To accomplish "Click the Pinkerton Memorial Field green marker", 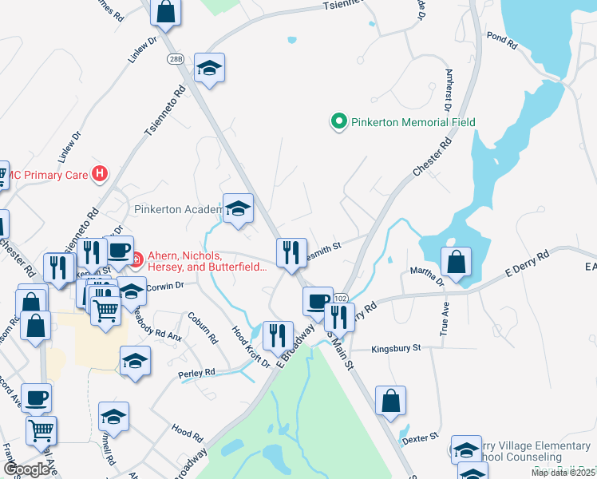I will [338, 122].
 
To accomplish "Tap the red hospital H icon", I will [100, 172].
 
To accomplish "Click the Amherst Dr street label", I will [448, 88].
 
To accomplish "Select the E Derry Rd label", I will [528, 263].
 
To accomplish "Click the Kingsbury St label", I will [407, 349].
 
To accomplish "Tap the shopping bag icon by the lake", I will [455, 262].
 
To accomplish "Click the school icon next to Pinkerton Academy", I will [238, 208].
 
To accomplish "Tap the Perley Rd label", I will [199, 373].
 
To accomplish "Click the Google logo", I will [27, 469].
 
